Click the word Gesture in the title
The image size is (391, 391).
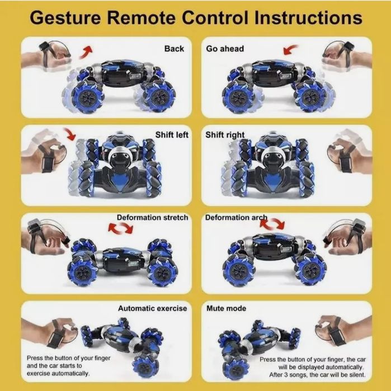tap(65, 18)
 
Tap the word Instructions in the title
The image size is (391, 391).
tap(308, 18)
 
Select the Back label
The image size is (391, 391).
tap(174, 49)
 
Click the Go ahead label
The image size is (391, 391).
tap(225, 49)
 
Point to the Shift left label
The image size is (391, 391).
tap(172, 135)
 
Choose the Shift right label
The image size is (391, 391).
tap(225, 135)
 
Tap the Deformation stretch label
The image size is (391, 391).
tap(152, 218)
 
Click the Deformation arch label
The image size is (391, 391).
tap(236, 218)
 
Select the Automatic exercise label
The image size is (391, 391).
tap(152, 308)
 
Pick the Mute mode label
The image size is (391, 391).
tap(226, 308)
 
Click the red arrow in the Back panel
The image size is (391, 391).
tap(86, 52)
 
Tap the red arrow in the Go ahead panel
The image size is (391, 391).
tap(290, 50)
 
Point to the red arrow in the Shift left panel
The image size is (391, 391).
tap(70, 134)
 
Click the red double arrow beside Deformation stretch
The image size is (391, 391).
tap(121, 228)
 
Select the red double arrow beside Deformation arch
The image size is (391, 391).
tap(272, 224)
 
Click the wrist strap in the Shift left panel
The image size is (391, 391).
tap(47, 159)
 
